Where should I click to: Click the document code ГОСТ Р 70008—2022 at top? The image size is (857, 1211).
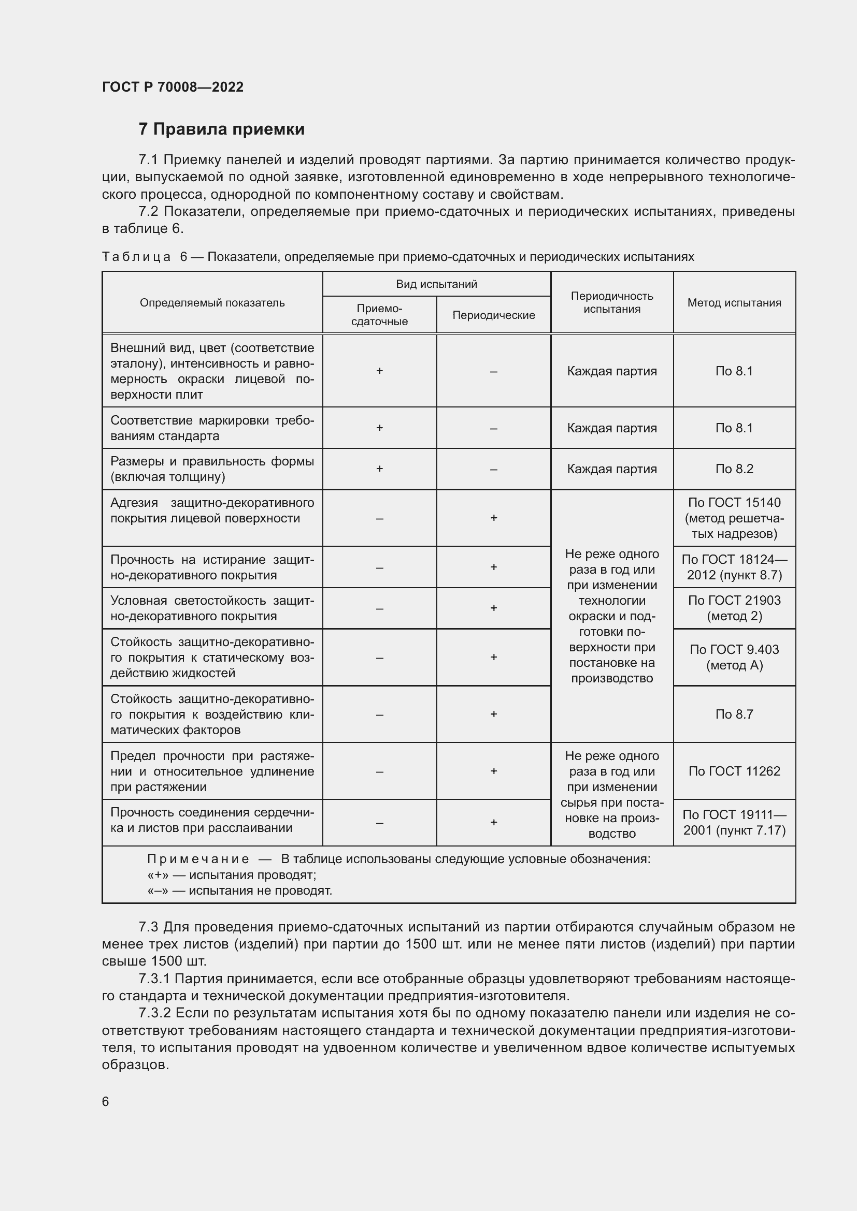pos(173,87)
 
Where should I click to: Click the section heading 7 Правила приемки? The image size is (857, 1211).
pos(222,129)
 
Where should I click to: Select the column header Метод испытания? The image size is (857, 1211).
pos(734,303)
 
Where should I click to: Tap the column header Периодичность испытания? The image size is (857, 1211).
pos(611,303)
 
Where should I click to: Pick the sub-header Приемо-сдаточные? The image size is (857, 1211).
pos(379,315)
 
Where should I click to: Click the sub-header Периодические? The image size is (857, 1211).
pos(493,315)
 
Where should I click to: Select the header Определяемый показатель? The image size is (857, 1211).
pos(212,303)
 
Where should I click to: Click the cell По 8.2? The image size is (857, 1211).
pos(734,469)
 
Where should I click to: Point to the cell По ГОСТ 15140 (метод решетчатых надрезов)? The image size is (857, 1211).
pos(734,518)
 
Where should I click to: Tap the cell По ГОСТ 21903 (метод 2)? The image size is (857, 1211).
pos(734,608)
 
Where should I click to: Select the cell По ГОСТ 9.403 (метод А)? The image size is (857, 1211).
pos(734,657)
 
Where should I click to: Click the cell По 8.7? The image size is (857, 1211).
pos(734,714)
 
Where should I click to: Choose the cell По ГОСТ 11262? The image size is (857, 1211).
pos(734,771)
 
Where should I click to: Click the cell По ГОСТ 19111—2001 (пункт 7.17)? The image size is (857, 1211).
pos(734,822)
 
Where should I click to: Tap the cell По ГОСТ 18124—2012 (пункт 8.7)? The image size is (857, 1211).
pos(734,567)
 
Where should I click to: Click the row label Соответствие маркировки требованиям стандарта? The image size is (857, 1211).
pos(212,428)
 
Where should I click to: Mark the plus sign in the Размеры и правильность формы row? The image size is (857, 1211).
pos(379,469)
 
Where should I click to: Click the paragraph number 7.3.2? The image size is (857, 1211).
pos(154,1013)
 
